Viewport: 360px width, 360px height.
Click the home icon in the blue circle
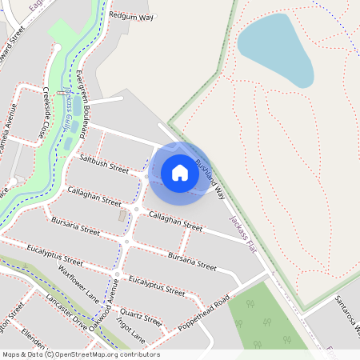pyautogui.click(x=180, y=172)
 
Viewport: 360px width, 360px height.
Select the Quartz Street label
pyautogui.click(x=142, y=314)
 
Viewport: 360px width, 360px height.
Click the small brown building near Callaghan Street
pyautogui.click(x=122, y=216)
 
